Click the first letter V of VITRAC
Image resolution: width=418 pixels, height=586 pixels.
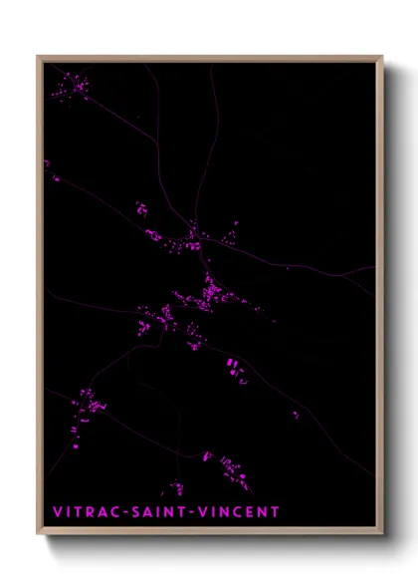56,512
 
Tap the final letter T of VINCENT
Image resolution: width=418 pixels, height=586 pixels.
275,512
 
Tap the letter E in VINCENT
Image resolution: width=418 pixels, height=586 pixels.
254,512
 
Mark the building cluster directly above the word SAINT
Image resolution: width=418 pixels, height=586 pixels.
175,488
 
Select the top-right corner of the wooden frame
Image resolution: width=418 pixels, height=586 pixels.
382,58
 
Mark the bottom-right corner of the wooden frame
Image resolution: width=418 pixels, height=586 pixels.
382,534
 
